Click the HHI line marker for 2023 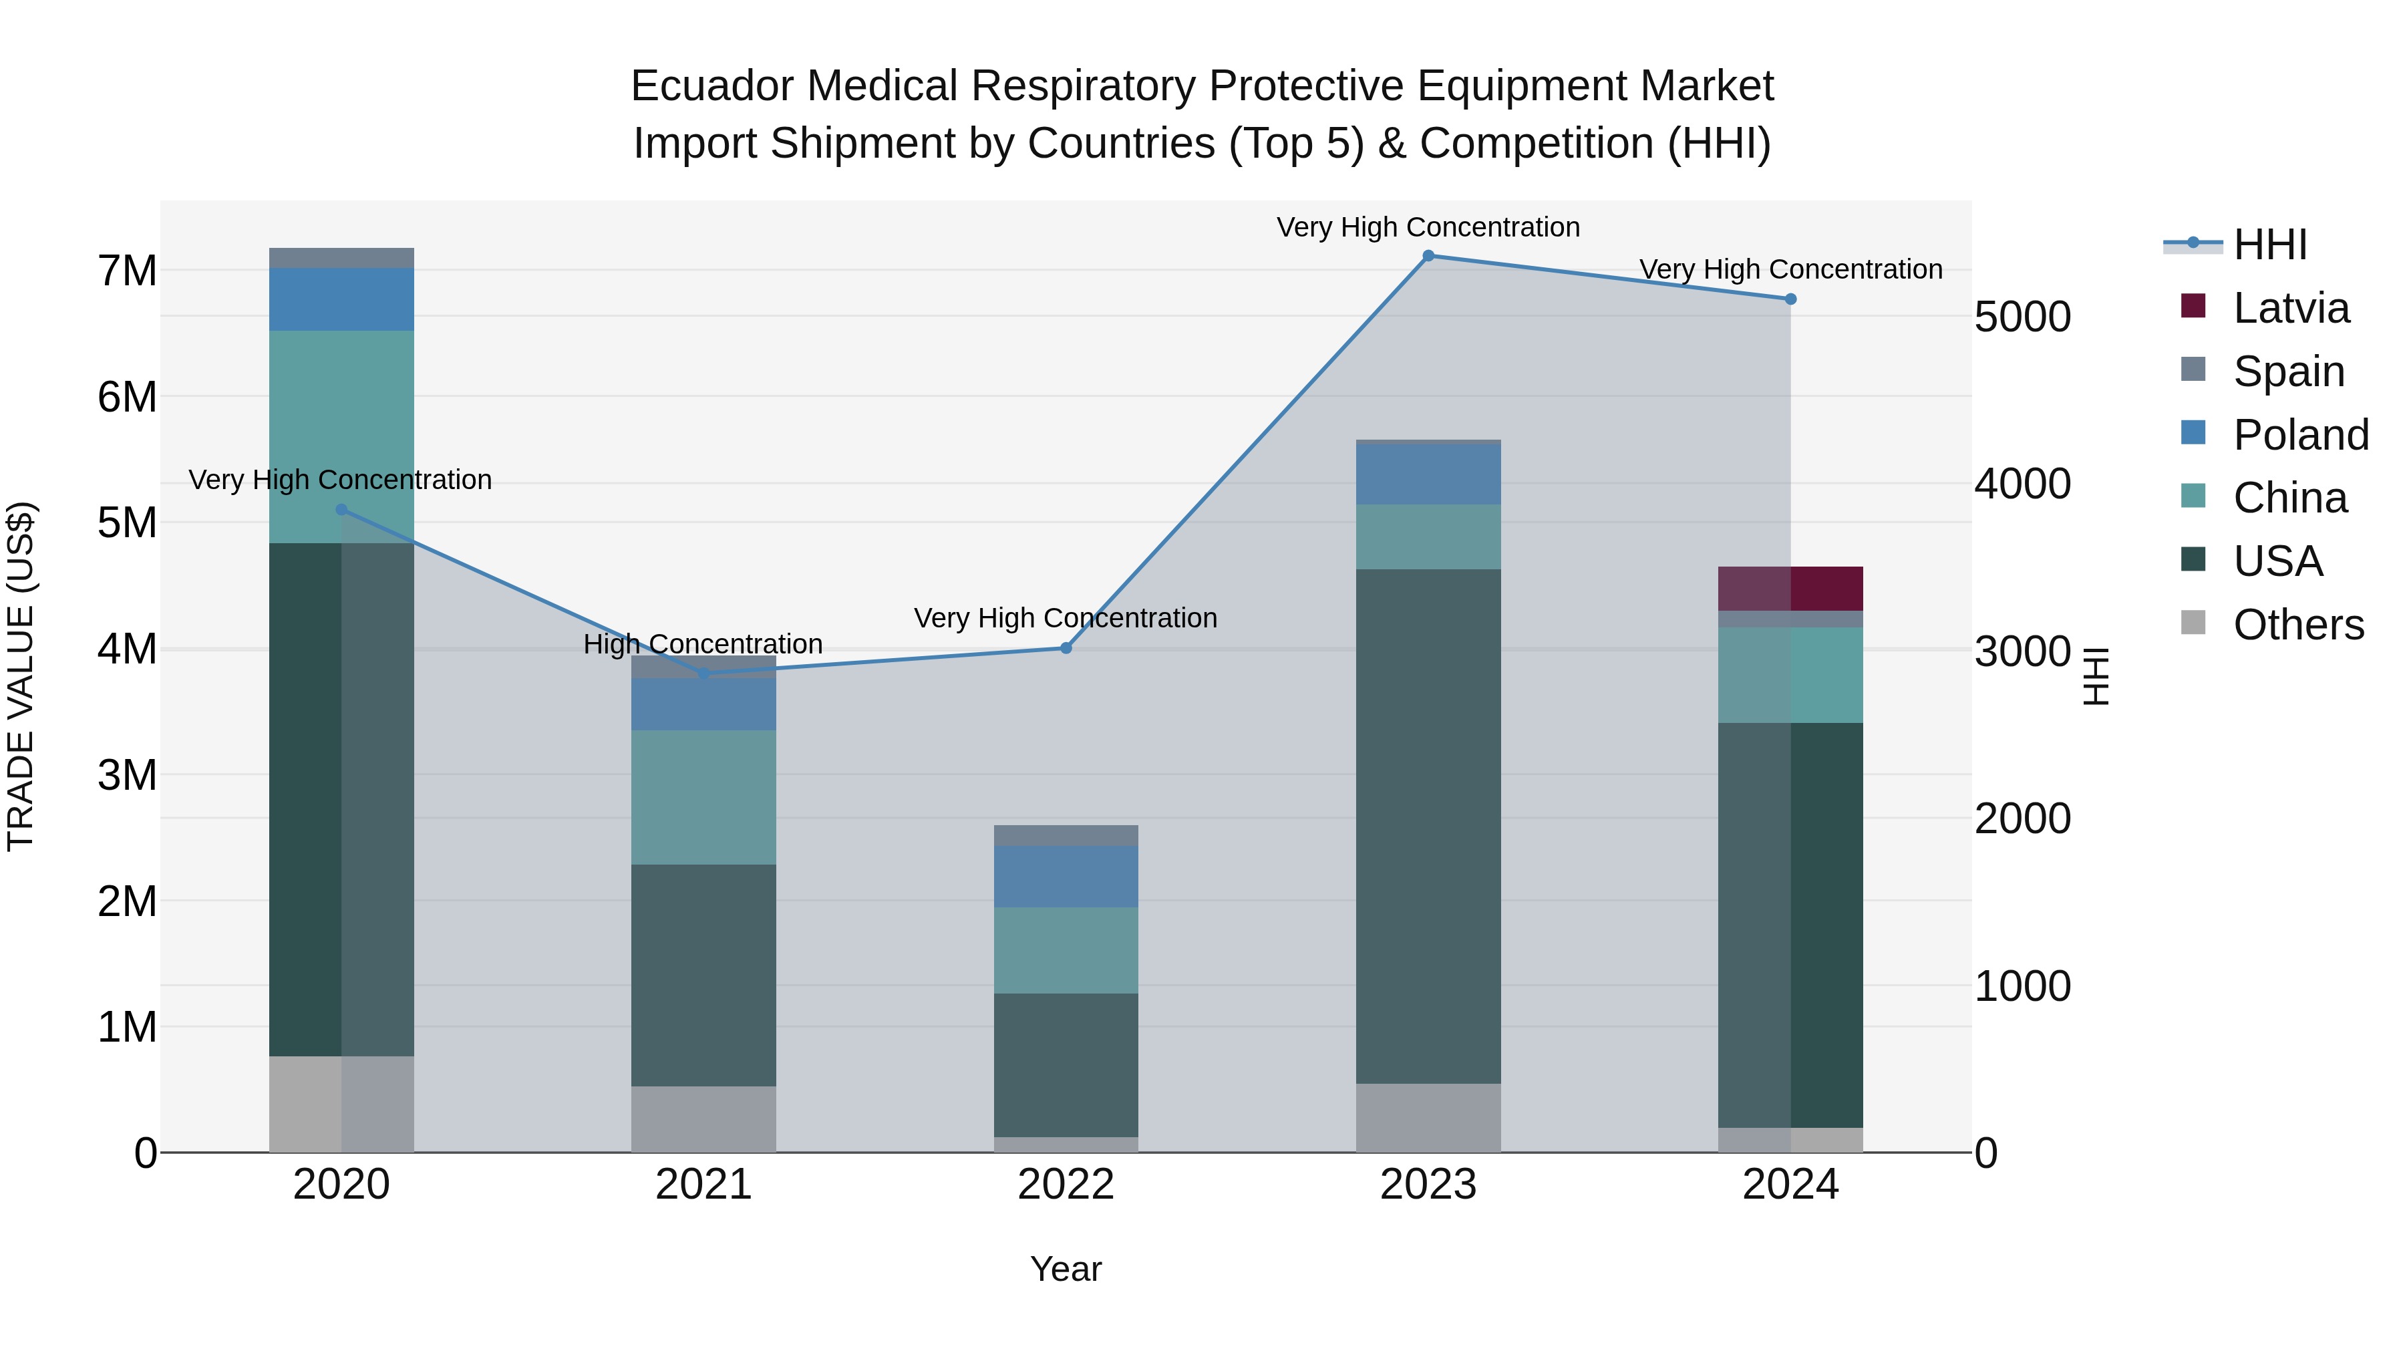[1428, 256]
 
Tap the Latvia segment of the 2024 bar [1790, 588]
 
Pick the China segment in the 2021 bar [703, 796]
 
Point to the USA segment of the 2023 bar [1428, 826]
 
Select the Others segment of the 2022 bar [1066, 1144]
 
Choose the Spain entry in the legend [2288, 371]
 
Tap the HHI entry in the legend [2269, 245]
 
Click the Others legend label [2297, 624]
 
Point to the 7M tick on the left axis [127, 271]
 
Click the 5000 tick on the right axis [2022, 317]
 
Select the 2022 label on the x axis [1066, 1184]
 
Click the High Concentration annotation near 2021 [703, 643]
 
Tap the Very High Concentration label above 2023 [1428, 227]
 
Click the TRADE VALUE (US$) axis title [21, 676]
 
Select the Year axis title [1066, 1269]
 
